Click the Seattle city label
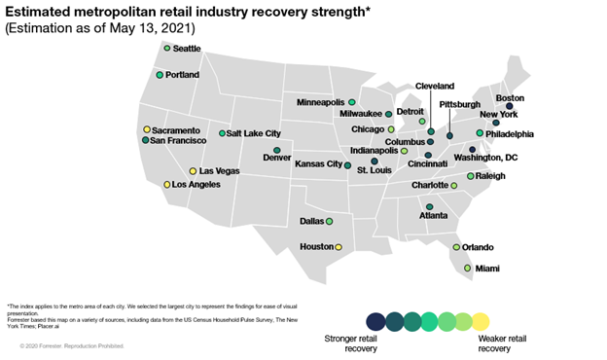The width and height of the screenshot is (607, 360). click(187, 49)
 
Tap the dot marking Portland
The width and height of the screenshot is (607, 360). click(160, 75)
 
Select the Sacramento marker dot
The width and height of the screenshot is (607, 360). click(147, 129)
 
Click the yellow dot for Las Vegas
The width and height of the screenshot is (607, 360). click(193, 171)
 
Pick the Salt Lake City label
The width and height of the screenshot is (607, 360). click(254, 133)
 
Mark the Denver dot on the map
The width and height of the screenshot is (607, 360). click(276, 150)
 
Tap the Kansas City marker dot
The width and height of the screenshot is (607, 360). click(347, 165)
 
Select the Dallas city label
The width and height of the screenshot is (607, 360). click(312, 221)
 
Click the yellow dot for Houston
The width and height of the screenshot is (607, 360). click(339, 247)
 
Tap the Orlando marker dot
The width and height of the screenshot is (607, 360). click(456, 247)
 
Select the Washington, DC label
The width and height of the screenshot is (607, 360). click(513, 157)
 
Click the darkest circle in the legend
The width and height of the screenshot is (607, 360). click(375, 320)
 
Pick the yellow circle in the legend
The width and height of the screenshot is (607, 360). click(481, 320)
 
